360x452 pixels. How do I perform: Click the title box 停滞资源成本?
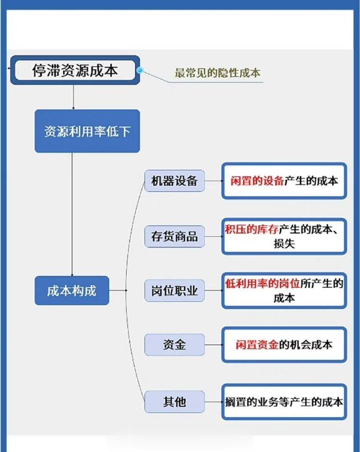coord(75,70)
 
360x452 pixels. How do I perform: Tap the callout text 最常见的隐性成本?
coord(218,73)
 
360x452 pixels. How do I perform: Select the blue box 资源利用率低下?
coord(87,131)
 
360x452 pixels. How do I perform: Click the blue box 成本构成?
coord(72,291)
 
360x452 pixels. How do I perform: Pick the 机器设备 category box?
coord(174,181)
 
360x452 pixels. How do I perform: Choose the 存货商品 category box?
coord(174,236)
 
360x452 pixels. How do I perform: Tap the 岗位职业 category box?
coord(174,291)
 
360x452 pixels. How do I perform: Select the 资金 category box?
coord(174,344)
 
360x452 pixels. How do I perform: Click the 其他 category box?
coord(174,401)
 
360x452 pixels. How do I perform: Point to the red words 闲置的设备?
coord(257,181)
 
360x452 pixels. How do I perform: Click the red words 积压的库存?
coord(251,230)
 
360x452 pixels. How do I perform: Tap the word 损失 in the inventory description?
coord(284,244)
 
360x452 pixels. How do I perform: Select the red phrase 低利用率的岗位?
coord(262,283)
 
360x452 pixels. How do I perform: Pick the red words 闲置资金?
coord(257,345)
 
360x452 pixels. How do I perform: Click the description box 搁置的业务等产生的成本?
coord(284,402)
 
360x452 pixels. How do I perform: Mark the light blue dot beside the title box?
coord(140,70)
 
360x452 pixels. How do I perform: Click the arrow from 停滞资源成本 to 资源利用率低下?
coord(73,97)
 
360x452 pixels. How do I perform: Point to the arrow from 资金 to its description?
coord(213,345)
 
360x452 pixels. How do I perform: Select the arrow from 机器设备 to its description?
coord(213,181)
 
